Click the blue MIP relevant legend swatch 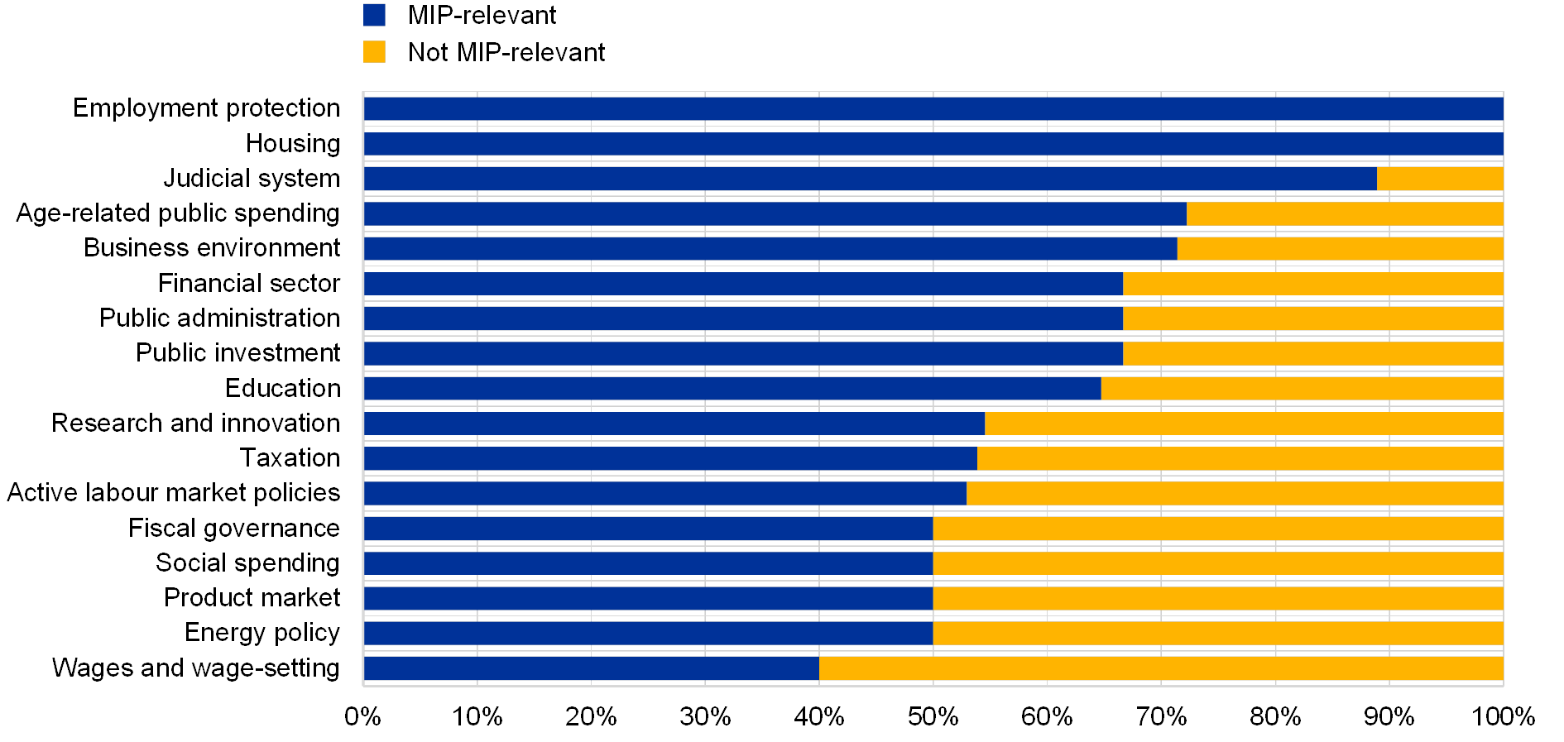(374, 15)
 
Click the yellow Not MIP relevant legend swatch (374, 52)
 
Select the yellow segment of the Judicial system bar (1440, 179)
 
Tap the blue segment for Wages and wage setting (591, 668)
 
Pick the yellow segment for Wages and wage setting (1161, 668)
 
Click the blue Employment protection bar (933, 109)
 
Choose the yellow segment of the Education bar (1302, 388)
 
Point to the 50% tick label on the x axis (933, 716)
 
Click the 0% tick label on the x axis (363, 716)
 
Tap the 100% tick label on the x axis (1502, 716)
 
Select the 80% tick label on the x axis (1275, 716)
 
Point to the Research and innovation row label (199, 424)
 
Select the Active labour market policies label (174, 493)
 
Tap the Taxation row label (298, 458)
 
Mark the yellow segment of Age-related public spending (1345, 213)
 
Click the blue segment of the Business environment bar (770, 248)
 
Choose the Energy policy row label (271, 634)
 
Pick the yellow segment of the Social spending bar (1218, 563)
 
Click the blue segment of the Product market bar (648, 598)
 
